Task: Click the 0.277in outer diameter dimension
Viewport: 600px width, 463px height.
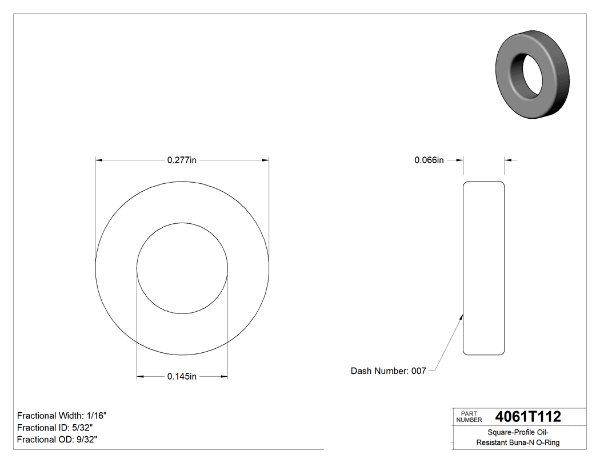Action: pyautogui.click(x=182, y=160)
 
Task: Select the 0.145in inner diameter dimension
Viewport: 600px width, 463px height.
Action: pyautogui.click(x=182, y=376)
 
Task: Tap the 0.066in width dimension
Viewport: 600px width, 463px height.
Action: pyautogui.click(x=429, y=160)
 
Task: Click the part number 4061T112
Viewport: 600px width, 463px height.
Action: pyautogui.click(x=528, y=417)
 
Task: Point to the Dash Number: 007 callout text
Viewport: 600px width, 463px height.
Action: pyautogui.click(x=388, y=371)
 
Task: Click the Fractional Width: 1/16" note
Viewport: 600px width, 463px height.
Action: pyautogui.click(x=62, y=416)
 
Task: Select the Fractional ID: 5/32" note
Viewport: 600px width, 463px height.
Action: pyautogui.click(x=55, y=428)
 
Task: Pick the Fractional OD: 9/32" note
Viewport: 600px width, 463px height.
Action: pyautogui.click(x=57, y=440)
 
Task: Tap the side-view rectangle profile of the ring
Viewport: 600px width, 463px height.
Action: pyautogui.click(x=483, y=268)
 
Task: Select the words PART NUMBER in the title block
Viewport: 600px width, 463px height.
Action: pyautogui.click(x=469, y=417)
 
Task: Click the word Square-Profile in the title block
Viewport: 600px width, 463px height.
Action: pyautogui.click(x=504, y=433)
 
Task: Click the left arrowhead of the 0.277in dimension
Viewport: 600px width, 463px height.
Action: pyautogui.click(x=99, y=160)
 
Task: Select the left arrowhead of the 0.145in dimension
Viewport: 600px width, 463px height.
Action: pyautogui.click(x=141, y=376)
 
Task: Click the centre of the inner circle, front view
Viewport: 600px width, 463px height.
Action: pyautogui.click(x=182, y=268)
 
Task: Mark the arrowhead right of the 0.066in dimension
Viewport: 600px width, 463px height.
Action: pyautogui.click(x=509, y=160)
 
